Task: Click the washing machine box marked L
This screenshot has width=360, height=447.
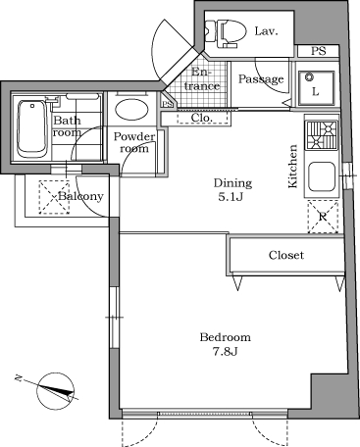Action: (315, 86)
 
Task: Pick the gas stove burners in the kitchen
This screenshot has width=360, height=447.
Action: (321, 134)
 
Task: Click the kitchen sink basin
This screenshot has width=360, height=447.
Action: (321, 177)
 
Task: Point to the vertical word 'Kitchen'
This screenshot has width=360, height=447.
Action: (292, 167)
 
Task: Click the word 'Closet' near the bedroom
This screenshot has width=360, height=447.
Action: (286, 255)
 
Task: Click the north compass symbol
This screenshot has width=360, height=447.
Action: (57, 392)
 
